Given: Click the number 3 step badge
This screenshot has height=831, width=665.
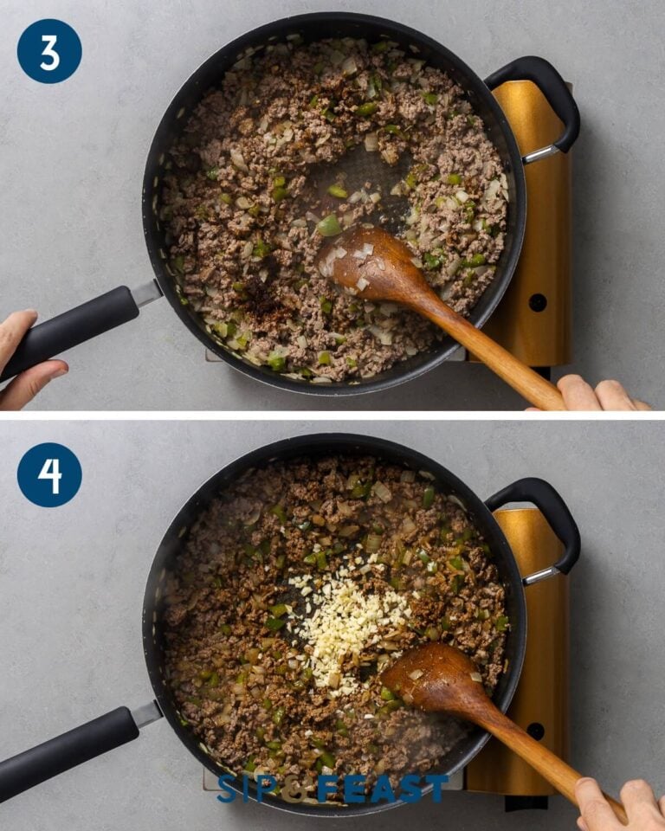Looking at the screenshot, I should (49, 51).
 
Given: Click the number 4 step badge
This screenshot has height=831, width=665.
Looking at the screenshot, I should (49, 474).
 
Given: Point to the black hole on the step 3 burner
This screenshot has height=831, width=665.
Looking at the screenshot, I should (538, 303).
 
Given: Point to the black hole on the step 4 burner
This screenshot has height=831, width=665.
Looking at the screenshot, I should (538, 731).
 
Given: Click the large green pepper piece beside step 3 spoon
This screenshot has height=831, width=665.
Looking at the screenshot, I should (329, 226).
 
